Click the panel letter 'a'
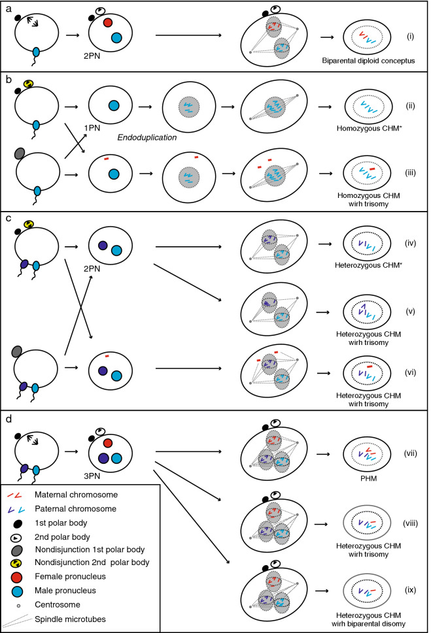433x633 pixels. [x=7, y=7]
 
